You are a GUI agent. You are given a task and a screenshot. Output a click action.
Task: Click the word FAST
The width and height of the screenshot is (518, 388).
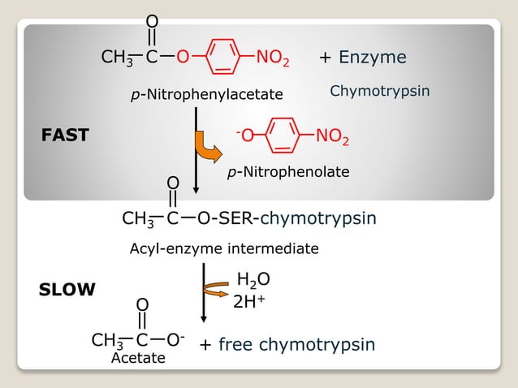(x=65, y=136)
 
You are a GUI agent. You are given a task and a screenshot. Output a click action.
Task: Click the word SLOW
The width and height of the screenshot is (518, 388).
(x=67, y=289)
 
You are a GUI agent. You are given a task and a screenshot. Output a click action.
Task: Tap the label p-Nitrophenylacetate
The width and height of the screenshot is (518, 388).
(x=207, y=95)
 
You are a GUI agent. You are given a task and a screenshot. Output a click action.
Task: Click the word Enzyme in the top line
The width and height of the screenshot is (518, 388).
(x=373, y=58)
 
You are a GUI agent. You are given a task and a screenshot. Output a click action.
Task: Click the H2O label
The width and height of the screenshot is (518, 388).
(x=253, y=281)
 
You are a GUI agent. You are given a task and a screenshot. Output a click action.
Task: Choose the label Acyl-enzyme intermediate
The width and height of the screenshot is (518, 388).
(x=224, y=248)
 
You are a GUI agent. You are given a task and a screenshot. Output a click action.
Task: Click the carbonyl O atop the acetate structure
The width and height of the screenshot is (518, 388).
(x=142, y=304)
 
